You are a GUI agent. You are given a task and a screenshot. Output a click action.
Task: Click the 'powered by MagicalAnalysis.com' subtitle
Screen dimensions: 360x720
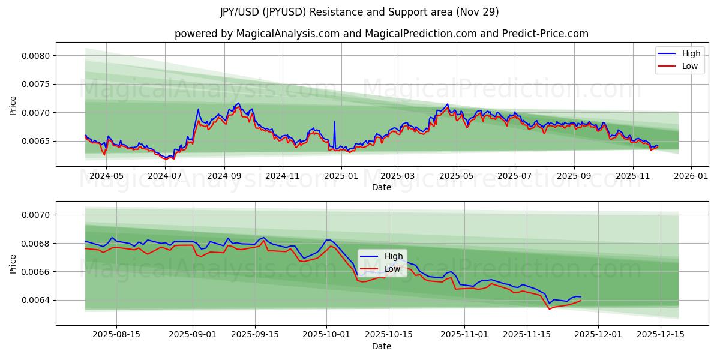(x=382, y=34)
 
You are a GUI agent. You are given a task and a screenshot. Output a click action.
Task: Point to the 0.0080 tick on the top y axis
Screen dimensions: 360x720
(x=37, y=56)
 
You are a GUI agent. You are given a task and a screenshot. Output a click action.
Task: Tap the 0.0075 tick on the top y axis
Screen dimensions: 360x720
(x=37, y=84)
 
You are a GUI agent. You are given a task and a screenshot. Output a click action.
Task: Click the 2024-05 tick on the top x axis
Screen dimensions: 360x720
(x=109, y=176)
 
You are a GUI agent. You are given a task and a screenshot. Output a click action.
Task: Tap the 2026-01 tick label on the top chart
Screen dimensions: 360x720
(x=691, y=176)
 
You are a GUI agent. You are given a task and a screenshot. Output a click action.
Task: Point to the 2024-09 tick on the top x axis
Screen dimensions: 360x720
(x=224, y=176)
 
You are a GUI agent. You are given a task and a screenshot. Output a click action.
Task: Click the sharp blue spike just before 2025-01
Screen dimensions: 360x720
(x=334, y=122)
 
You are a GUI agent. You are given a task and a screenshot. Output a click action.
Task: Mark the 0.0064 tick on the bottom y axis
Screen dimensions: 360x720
(x=37, y=300)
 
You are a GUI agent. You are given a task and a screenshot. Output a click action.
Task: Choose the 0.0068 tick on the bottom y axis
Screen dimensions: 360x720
(x=37, y=244)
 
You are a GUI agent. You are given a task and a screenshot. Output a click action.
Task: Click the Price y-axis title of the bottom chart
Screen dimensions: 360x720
(x=13, y=263)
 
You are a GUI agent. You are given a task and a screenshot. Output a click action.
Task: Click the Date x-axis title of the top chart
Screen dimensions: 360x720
(x=382, y=187)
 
